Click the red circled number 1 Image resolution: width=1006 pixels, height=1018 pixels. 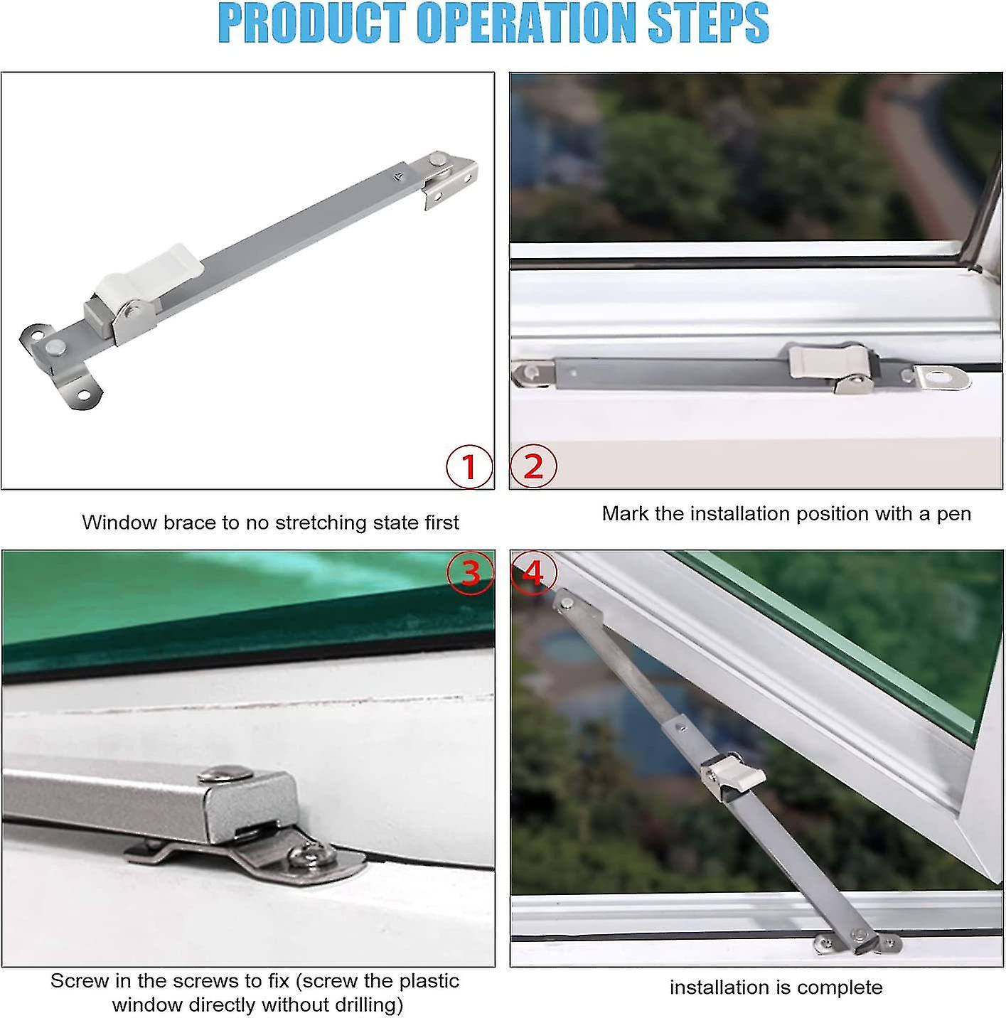click(469, 467)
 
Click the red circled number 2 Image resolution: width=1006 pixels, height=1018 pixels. click(533, 467)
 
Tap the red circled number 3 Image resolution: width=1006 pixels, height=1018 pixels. click(471, 572)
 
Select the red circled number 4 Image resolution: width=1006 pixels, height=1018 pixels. click(533, 572)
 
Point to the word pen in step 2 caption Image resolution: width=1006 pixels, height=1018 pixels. click(953, 513)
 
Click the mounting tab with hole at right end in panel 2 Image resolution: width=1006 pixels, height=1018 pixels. click(943, 377)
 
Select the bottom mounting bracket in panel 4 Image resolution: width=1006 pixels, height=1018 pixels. click(858, 943)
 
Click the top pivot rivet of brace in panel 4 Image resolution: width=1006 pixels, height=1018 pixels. click(567, 603)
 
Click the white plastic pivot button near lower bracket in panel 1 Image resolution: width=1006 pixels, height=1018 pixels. click(55, 347)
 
